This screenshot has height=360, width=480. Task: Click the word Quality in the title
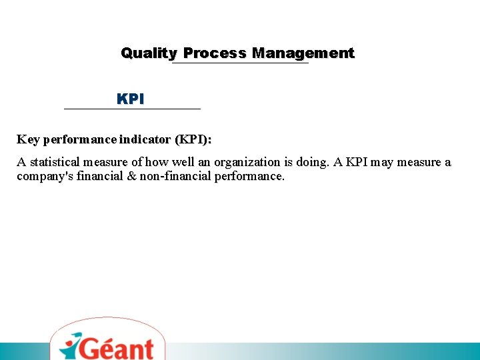tap(149, 53)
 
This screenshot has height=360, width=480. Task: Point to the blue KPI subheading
tap(131, 99)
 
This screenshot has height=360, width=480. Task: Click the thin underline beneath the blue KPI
tap(132, 109)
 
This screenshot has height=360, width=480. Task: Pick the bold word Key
tap(28, 140)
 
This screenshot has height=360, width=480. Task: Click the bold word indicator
tap(146, 140)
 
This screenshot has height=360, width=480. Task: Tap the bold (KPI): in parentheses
tap(193, 140)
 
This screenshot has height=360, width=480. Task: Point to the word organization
tap(247, 162)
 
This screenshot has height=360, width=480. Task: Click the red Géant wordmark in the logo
tap(117, 348)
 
